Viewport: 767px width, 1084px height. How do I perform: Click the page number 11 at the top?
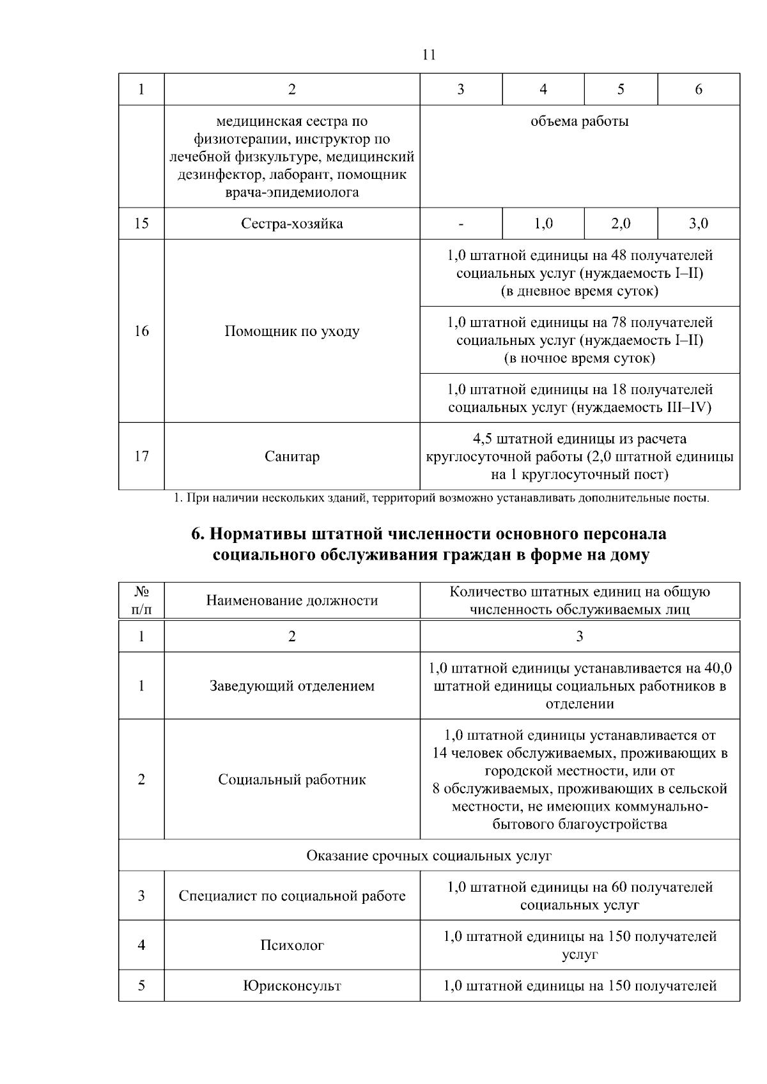click(x=430, y=55)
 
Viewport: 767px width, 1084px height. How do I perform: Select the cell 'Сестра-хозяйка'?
click(x=291, y=224)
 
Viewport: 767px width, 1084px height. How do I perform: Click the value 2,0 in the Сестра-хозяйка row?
click(x=620, y=224)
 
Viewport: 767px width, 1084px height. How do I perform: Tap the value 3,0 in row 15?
click(x=698, y=224)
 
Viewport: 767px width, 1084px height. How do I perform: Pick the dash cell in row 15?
click(x=460, y=224)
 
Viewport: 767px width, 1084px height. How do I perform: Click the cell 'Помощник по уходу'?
click(x=291, y=331)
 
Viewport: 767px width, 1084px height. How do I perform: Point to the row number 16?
click(x=141, y=331)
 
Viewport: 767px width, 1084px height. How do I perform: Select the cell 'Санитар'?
click(x=291, y=456)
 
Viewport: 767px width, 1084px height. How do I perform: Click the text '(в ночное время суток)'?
click(x=579, y=358)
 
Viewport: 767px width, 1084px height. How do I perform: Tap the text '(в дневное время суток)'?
click(x=579, y=291)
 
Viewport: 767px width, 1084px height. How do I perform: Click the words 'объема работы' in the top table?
click(x=579, y=121)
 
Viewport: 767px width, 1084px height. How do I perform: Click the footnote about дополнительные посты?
click(x=441, y=498)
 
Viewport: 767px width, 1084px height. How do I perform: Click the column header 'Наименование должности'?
click(x=291, y=600)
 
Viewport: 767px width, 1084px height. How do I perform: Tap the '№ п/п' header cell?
click(x=141, y=600)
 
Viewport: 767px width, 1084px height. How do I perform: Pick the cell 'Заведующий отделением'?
click(x=291, y=686)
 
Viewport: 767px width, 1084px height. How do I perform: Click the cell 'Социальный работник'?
click(x=291, y=779)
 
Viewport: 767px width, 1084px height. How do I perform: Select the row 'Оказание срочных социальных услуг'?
click(x=429, y=855)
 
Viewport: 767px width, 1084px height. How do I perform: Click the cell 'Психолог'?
click(x=291, y=945)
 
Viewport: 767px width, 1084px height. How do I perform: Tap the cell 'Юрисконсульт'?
click(x=291, y=986)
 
